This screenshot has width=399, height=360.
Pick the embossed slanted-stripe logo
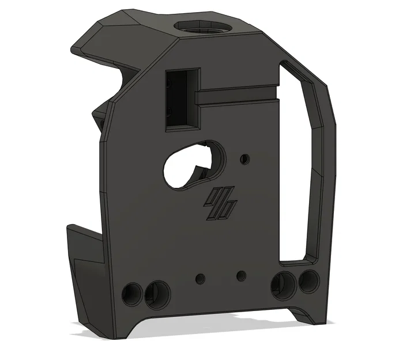(x=219, y=205)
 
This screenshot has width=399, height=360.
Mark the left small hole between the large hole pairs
(x=200, y=278)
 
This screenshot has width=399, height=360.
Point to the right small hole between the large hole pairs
(x=241, y=275)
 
